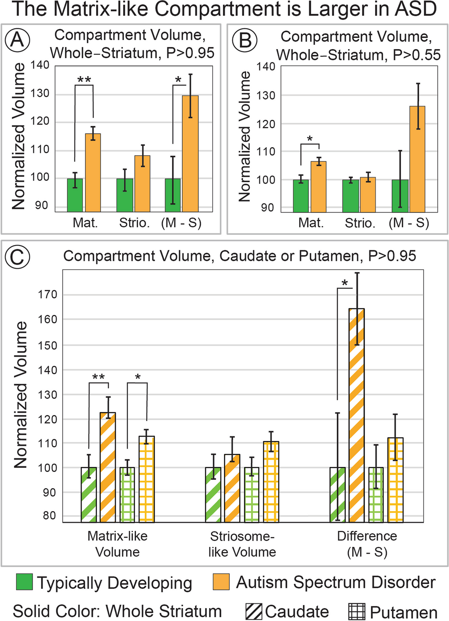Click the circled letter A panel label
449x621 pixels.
click(x=18, y=39)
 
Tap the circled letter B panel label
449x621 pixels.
click(x=245, y=40)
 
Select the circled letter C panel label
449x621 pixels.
click(x=17, y=257)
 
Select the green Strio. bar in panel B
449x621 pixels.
click(x=350, y=196)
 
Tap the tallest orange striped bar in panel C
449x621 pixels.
click(x=357, y=415)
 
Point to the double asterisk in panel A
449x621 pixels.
click(x=84, y=80)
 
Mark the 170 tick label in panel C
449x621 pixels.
click(x=48, y=295)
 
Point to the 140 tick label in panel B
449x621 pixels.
click(x=266, y=67)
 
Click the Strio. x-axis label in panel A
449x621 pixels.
click(x=134, y=223)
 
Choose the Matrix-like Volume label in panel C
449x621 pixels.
click(x=117, y=544)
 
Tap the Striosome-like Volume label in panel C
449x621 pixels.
click(x=242, y=544)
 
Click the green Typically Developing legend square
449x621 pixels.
click(x=24, y=582)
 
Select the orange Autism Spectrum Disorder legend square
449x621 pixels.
click(x=221, y=582)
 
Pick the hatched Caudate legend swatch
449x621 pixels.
click(x=253, y=611)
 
